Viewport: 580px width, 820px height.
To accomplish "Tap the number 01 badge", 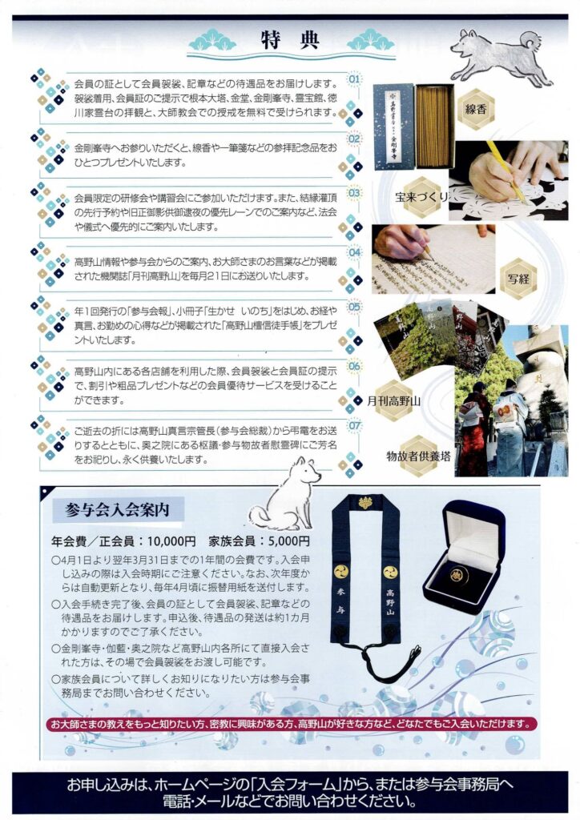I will [x=354, y=79].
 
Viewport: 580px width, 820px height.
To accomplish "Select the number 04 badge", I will [x=354, y=252].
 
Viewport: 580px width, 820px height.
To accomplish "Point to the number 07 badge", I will [x=354, y=425].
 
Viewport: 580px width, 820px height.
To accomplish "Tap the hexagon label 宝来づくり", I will [x=421, y=196].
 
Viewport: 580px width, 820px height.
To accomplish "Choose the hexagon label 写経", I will [x=516, y=279].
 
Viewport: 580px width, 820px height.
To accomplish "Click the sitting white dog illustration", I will [x=287, y=495].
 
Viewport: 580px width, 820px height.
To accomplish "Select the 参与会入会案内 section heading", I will [x=118, y=508].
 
